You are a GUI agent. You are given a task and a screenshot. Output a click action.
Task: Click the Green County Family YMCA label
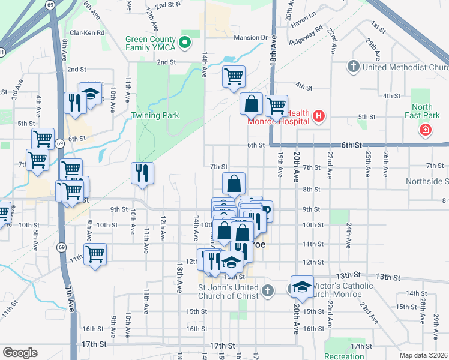[x=151, y=44]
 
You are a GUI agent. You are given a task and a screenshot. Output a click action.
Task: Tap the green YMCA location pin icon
[x=185, y=42]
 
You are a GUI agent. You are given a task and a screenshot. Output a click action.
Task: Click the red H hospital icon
[x=319, y=116]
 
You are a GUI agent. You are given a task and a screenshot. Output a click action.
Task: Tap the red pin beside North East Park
[x=425, y=129]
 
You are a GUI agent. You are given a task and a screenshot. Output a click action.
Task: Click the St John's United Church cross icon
[x=268, y=291]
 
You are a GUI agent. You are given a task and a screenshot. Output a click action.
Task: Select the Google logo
[x=20, y=352]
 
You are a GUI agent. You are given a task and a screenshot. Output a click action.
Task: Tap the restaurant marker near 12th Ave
[x=142, y=173]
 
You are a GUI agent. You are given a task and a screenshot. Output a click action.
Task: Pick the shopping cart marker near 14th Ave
[x=234, y=76]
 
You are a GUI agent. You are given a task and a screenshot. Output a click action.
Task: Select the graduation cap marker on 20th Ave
[x=302, y=286]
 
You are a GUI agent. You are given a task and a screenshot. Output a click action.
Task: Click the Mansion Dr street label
[x=250, y=37]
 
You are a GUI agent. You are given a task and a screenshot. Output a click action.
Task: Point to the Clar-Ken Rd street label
[x=87, y=33]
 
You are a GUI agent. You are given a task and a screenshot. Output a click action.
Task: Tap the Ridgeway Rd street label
[x=305, y=35]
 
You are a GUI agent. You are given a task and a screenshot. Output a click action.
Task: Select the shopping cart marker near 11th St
[x=95, y=254]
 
